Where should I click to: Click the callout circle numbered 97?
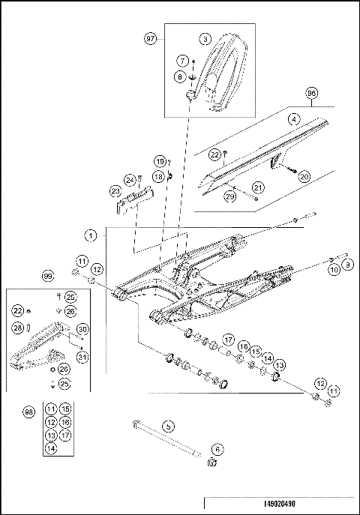151,37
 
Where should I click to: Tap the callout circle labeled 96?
312,94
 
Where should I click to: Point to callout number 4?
295,118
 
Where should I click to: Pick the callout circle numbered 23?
116,191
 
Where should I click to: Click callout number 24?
130,181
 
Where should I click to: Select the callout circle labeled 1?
91,235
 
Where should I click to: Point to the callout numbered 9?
347,265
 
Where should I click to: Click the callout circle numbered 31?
82,358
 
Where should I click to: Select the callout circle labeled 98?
29,413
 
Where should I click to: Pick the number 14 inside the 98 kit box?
51,448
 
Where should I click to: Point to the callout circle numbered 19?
160,162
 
